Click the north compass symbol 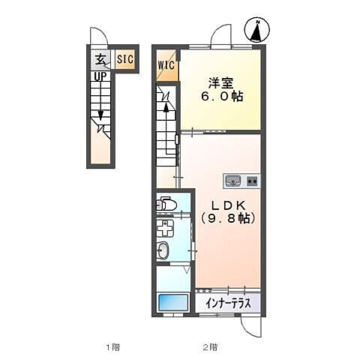coord(258,30)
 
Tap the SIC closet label coord(125,59)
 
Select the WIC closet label coord(166,65)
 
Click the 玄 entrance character coord(100,60)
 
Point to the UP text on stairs coord(100,76)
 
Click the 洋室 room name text coord(221,83)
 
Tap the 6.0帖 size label coord(222,96)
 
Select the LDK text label coord(228,205)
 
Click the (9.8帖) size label coord(228,218)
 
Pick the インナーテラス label coord(228,303)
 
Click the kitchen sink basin coord(233,181)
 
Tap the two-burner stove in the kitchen coord(253,181)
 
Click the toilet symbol coord(166,204)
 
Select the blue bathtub coord(173,302)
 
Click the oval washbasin coord(163,250)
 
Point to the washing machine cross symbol coord(165,228)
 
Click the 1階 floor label coord(112,347)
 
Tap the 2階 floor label coord(210,347)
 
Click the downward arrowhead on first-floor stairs coord(100,115)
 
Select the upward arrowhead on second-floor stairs coord(166,108)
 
